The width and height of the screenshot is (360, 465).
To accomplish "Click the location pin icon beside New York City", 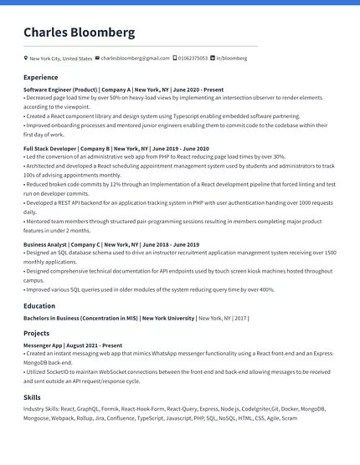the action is pos(25,59).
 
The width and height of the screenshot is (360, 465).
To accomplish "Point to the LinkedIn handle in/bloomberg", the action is pos(232,59).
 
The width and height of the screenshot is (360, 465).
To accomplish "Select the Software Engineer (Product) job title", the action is pos(60,89).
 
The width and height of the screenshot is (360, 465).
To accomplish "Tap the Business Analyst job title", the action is pos(46,244).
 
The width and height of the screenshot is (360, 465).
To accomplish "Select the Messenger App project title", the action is pos(43,345).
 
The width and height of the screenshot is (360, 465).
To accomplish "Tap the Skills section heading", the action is pos(32,397).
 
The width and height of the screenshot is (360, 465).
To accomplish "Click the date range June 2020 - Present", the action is pos(198,89).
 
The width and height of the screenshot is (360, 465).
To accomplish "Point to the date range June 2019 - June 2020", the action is pos(182,147).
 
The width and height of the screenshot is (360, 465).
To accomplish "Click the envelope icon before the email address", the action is pos(98,59).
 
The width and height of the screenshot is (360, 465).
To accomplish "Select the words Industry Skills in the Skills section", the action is pos(40,409).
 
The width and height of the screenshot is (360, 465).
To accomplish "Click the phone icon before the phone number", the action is pos(174,59).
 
